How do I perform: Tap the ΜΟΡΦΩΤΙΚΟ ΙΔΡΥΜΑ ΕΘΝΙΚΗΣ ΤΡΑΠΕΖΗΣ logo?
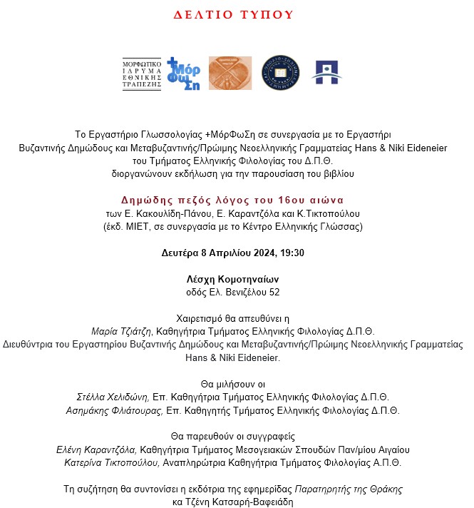141,74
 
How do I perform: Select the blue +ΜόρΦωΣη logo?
183,73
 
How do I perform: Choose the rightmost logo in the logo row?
326,73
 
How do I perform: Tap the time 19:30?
291,253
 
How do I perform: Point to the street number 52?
274,292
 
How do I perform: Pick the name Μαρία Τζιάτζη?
119,332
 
